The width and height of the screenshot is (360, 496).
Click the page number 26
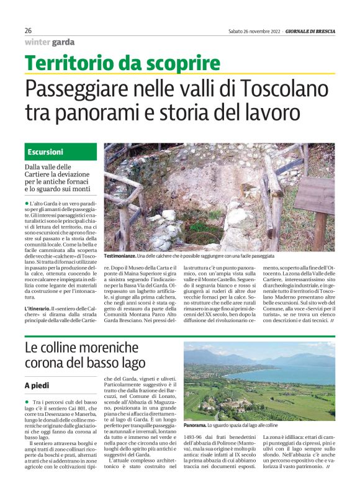pyautogui.click(x=28, y=30)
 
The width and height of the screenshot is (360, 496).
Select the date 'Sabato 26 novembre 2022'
pyautogui.click(x=254, y=30)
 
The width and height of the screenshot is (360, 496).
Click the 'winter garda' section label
pyautogui.click(x=50, y=42)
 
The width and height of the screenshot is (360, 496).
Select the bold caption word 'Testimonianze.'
pyautogui.click(x=124, y=256)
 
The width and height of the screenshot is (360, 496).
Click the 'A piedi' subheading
pyautogui.click(x=37, y=386)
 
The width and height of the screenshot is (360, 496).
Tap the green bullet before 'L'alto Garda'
pyautogui.click(x=27, y=204)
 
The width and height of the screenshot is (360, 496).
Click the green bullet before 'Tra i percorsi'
pyautogui.click(x=27, y=403)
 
